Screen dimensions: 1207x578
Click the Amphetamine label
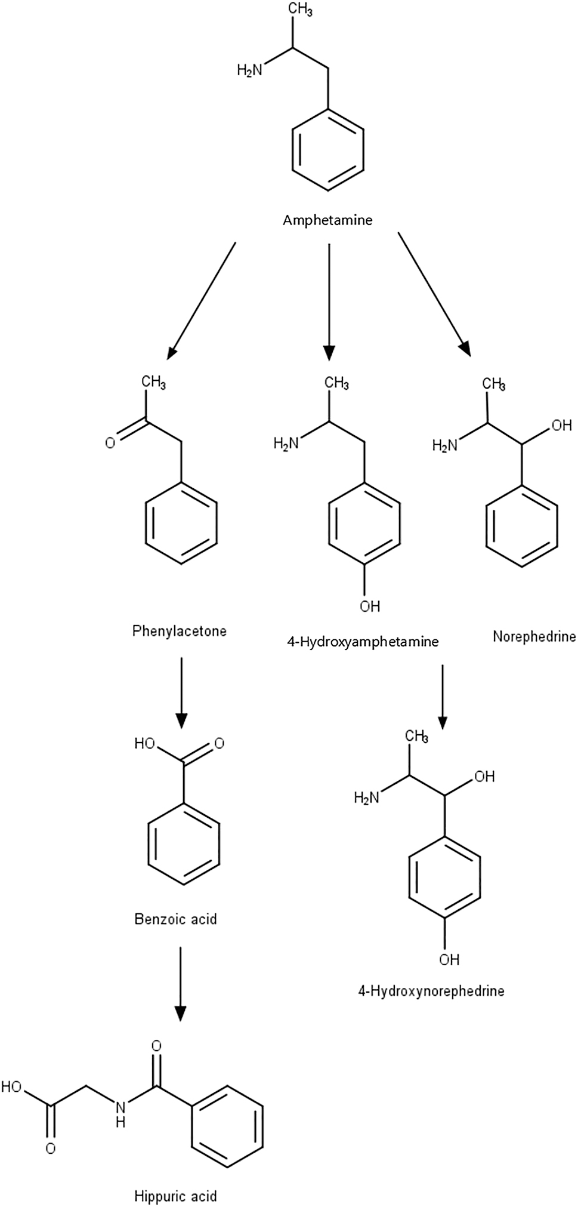[327, 220]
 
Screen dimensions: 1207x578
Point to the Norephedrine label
[534, 636]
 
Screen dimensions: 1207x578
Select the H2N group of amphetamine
[249, 70]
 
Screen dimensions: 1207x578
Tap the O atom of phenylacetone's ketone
[109, 443]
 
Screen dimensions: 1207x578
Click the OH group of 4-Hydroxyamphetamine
[370, 606]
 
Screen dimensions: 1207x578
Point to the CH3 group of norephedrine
[494, 385]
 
